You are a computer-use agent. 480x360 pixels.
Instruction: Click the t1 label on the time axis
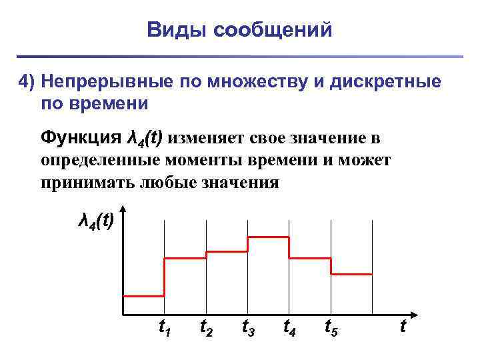coord(163,327)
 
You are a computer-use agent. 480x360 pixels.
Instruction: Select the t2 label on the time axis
coord(206,327)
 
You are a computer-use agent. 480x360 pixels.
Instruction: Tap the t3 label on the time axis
coord(247,327)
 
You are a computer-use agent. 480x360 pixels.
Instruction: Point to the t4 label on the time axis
coord(289,327)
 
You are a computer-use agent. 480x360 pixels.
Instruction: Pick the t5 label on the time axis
coord(331,327)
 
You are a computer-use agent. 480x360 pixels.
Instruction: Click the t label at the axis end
coord(403,326)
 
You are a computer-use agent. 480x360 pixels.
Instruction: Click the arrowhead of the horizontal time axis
coord(413,313)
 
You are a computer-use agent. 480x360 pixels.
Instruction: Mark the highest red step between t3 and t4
coord(268,237)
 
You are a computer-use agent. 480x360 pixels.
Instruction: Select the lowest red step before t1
coord(143,295)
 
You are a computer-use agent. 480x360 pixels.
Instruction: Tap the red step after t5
coord(351,274)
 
